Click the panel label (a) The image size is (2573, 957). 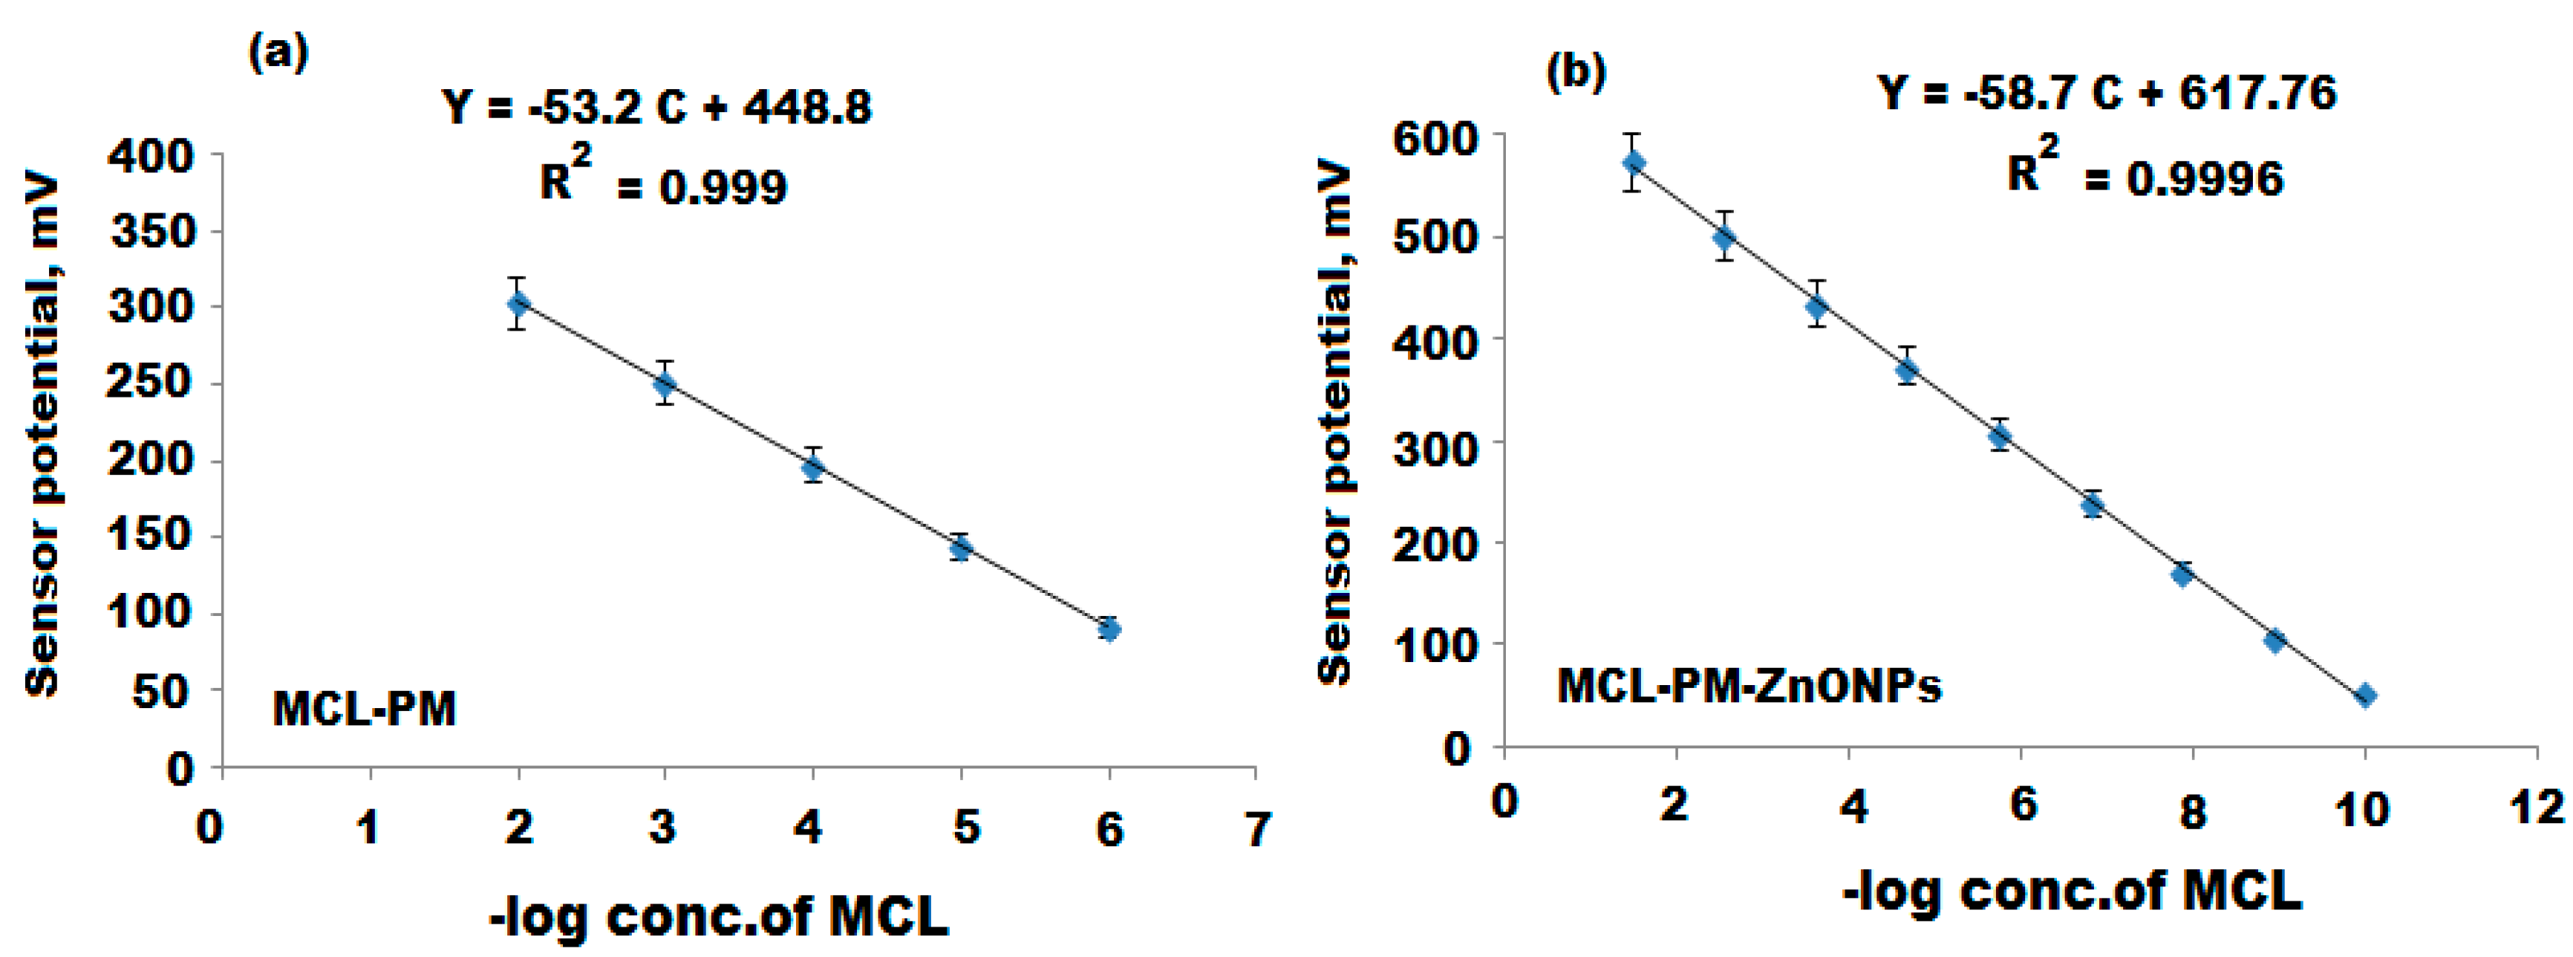[x=278, y=52]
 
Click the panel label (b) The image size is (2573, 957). [x=1576, y=72]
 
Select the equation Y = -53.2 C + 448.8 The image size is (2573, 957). [x=657, y=107]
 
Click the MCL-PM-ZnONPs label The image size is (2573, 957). [x=1749, y=687]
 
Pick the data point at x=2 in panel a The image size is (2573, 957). [x=518, y=304]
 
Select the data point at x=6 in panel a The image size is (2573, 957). [x=1109, y=629]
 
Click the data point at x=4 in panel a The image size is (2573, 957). [x=813, y=466]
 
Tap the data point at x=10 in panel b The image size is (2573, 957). [x=2364, y=696]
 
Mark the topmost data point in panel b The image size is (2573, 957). [x=1634, y=163]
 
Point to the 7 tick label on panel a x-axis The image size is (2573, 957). [x=1257, y=829]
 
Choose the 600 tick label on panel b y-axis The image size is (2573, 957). [x=1435, y=138]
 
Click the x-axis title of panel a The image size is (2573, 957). [x=719, y=916]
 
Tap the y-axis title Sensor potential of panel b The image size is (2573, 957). [x=1334, y=424]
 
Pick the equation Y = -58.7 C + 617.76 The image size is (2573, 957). [x=2107, y=93]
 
